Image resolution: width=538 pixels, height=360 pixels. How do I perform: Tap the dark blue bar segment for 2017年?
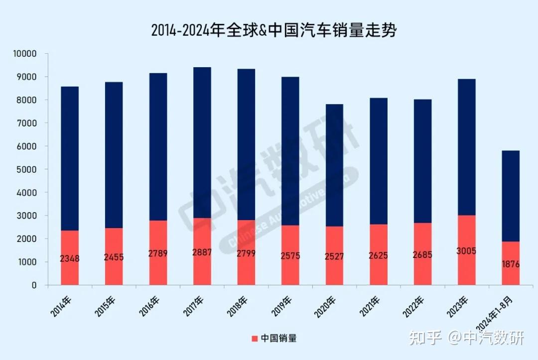202,142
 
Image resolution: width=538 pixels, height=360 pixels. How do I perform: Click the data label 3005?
466,251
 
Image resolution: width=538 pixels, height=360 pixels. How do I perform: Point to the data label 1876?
510,264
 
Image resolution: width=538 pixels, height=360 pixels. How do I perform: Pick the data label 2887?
202,252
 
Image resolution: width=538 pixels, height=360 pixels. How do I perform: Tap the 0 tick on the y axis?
34,285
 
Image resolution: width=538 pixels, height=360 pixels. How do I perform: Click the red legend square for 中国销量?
255,339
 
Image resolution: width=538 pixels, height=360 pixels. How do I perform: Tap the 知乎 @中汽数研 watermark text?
466,339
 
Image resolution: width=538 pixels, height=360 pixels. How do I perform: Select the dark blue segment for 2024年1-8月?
510,196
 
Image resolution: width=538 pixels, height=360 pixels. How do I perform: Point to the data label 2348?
70,258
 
